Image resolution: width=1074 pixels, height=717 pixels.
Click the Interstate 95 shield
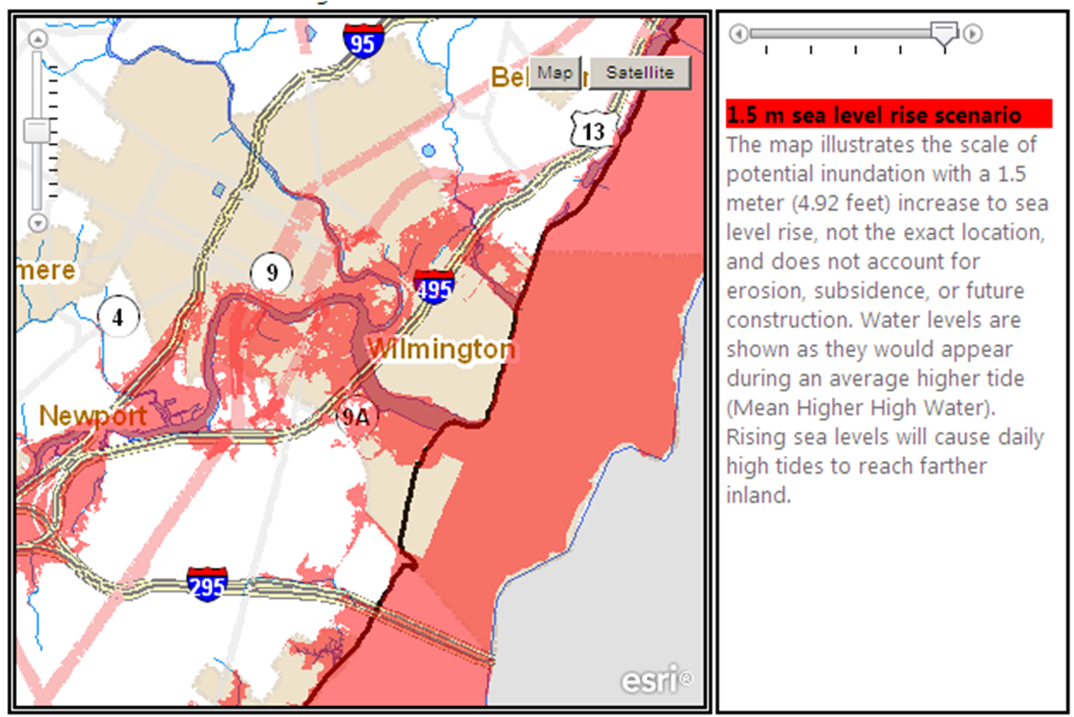(x=363, y=40)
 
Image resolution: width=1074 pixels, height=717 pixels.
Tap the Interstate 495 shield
(x=433, y=286)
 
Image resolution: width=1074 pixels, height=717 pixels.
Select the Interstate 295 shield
(x=206, y=583)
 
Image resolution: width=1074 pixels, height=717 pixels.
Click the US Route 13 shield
(x=592, y=131)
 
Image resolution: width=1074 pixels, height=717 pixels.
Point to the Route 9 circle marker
(x=272, y=272)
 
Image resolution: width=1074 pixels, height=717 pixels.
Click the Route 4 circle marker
(x=117, y=315)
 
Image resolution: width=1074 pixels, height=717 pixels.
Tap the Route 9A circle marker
(x=355, y=416)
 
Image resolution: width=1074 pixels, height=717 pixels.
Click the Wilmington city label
(x=441, y=349)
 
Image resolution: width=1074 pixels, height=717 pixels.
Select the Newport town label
(x=93, y=416)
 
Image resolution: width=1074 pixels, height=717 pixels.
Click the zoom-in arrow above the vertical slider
(x=38, y=38)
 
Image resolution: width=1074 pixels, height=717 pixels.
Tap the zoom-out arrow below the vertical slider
(x=38, y=223)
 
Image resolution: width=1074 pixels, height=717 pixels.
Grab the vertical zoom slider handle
(x=38, y=131)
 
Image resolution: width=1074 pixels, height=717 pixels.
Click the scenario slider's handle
(x=944, y=33)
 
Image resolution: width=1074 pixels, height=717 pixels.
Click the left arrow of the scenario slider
(x=738, y=34)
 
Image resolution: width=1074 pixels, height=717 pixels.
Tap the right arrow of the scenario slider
(x=973, y=34)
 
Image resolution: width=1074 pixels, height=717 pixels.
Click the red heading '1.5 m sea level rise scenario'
(x=874, y=115)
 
